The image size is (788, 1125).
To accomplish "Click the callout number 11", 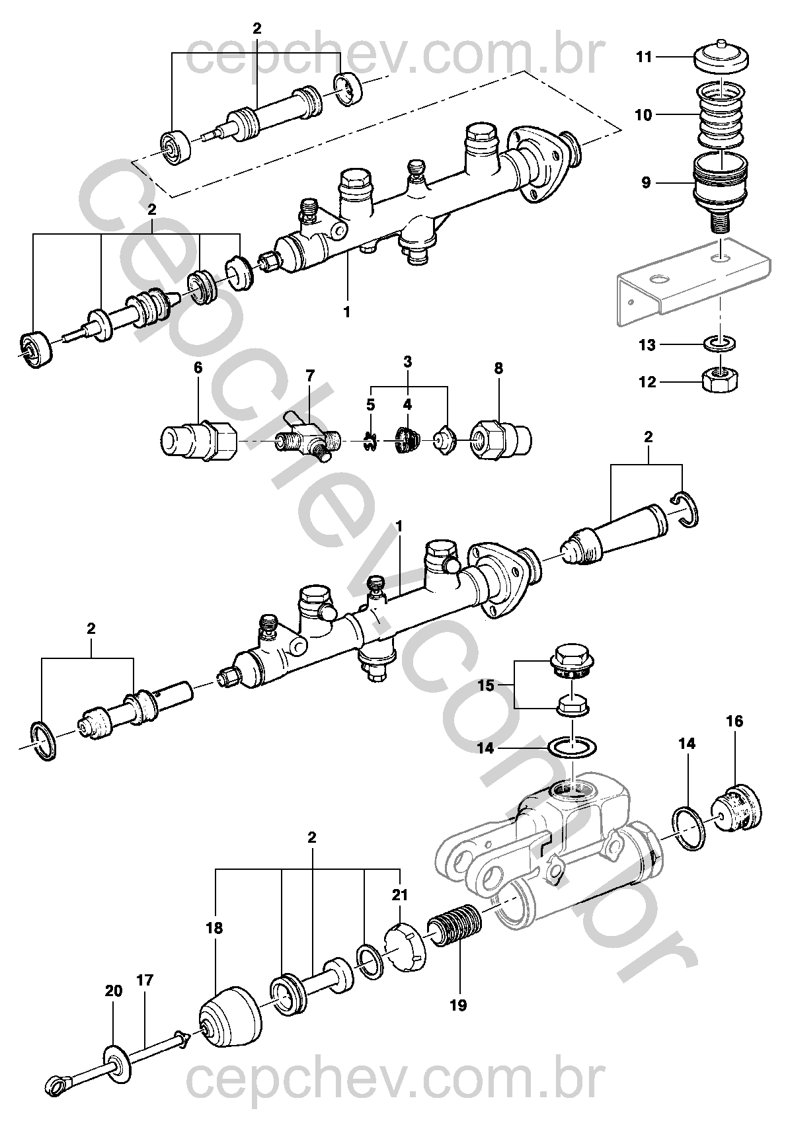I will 645,58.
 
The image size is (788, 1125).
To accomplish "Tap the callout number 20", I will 114,991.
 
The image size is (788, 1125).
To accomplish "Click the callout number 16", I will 734,721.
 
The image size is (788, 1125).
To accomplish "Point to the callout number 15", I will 486,685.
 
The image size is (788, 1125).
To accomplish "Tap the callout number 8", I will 498,369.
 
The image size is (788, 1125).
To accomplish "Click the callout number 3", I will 408,362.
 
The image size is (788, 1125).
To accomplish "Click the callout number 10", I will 643,115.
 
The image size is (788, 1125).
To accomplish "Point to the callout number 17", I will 145,980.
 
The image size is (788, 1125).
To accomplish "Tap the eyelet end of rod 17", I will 57,1081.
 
